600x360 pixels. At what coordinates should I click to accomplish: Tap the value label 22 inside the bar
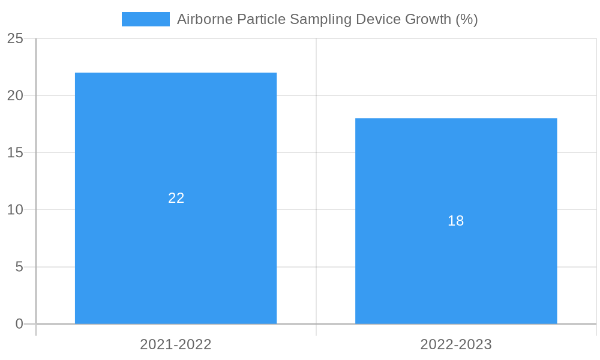[x=176, y=198]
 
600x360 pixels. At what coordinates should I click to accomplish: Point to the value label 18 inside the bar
[x=456, y=221]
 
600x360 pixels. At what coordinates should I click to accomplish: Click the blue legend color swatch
[x=145, y=19]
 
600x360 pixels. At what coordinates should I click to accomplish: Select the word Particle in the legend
[x=261, y=19]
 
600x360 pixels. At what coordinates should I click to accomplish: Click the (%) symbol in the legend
[x=466, y=19]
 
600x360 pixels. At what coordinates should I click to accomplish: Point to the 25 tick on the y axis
[x=15, y=39]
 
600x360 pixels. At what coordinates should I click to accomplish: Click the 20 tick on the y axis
[x=15, y=95]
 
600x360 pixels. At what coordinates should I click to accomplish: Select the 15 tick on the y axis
[x=15, y=152]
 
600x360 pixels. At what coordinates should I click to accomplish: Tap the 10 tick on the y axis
[x=15, y=209]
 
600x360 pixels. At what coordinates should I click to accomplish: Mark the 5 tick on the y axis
[x=19, y=266]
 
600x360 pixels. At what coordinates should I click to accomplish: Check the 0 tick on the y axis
[x=19, y=324]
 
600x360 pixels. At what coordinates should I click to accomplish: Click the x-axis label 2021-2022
[x=176, y=344]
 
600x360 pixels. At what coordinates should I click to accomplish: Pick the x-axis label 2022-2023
[x=456, y=344]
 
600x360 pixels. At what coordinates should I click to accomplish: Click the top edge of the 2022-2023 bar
[x=456, y=119]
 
